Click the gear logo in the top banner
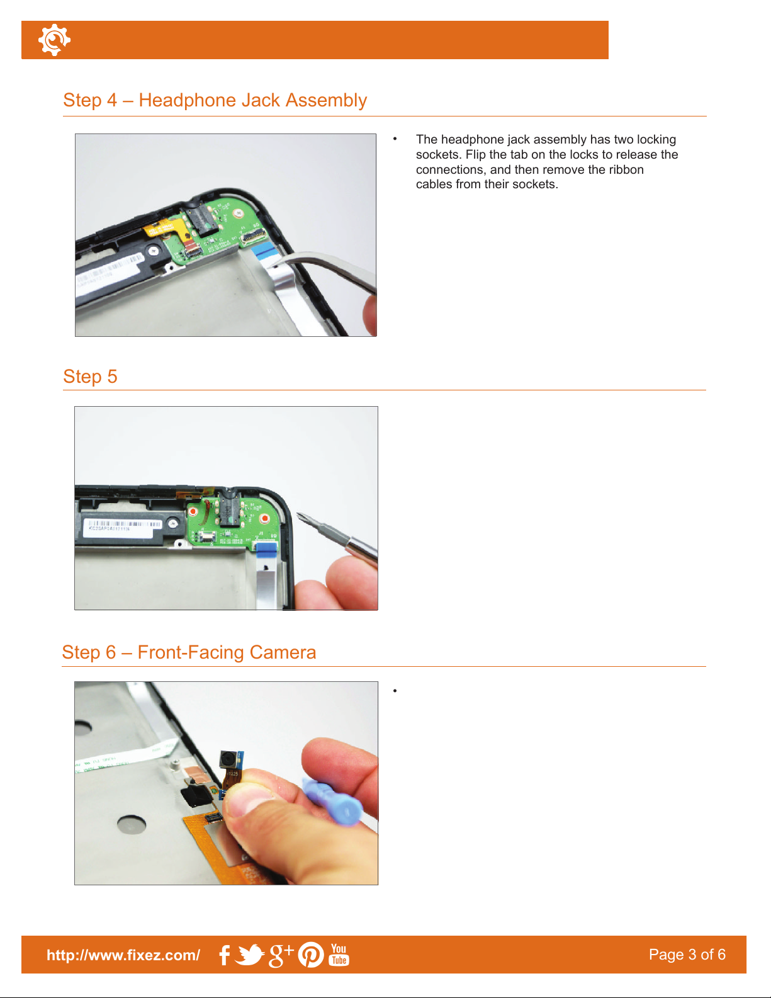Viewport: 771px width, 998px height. (x=54, y=40)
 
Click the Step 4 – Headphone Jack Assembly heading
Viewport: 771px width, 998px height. (x=215, y=100)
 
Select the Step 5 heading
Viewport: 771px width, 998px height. (x=90, y=376)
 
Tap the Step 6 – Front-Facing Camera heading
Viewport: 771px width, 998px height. (x=189, y=652)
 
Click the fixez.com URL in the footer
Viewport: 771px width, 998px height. (x=123, y=955)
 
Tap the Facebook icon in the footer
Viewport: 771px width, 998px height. (x=225, y=955)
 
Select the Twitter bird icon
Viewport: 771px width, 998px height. (x=250, y=955)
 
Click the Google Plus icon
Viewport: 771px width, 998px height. (x=281, y=956)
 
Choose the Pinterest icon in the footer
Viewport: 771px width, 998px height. (x=311, y=955)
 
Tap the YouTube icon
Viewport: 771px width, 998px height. (x=339, y=955)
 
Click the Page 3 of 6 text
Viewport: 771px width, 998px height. (x=687, y=955)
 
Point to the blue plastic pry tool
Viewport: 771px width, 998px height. (x=332, y=802)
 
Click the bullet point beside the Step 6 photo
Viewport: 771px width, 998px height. (x=395, y=691)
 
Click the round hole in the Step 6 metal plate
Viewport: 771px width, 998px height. (x=132, y=824)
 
